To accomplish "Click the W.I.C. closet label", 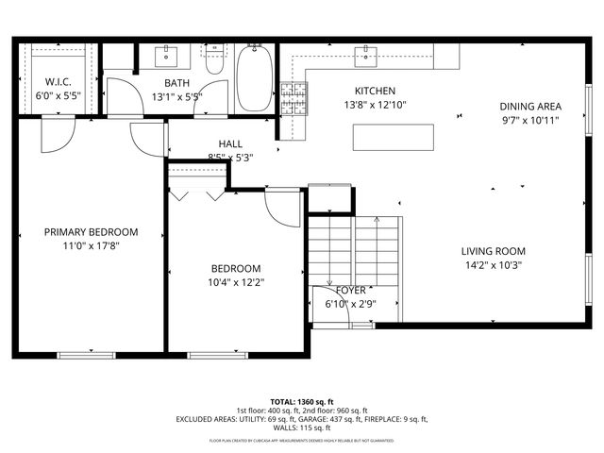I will pos(59,82).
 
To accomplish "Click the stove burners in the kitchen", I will pos(294,97).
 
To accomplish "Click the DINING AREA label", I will pos(529,107).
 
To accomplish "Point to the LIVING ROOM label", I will pos(493,251).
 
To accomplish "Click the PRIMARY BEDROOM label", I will pos(91,232).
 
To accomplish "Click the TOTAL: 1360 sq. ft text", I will pos(302,401).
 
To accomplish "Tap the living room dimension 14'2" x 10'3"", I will pos(493,265).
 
